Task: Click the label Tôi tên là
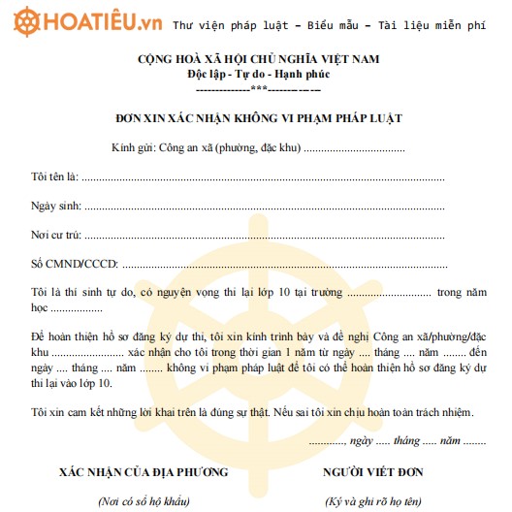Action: [54, 178]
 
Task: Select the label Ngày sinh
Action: [56, 207]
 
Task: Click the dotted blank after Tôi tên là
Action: [262, 179]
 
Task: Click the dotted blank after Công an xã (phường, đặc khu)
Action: [355, 150]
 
